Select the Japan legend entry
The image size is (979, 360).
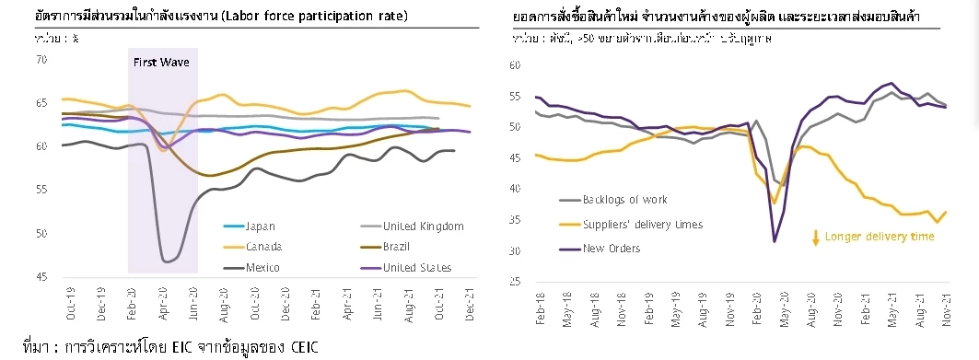tap(260, 226)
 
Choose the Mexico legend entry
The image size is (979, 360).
tap(262, 268)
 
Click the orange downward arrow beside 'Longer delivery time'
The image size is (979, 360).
tap(815, 238)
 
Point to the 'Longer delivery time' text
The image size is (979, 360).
tap(879, 237)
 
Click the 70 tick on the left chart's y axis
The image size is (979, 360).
tap(41, 60)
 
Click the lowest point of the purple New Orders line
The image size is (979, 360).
tap(775, 241)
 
